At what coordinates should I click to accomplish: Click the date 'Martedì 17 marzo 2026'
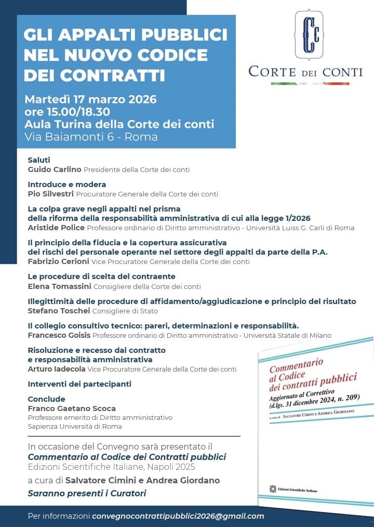coord(90,99)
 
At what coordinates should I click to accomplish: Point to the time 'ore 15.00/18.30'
coord(67,112)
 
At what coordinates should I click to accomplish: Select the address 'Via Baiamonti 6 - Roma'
coord(91,137)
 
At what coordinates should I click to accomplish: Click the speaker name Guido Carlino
coord(54,169)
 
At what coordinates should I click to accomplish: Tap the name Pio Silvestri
coord(50,194)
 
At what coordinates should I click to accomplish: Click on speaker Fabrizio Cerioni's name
coord(59,261)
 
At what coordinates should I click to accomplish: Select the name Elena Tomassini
coord(59,286)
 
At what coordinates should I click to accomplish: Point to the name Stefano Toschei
coord(59,311)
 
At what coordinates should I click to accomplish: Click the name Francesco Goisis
coord(60,335)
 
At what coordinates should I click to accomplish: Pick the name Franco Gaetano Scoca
coord(72,409)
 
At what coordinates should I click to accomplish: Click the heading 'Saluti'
coord(39,160)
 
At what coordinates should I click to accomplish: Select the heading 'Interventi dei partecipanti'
coord(79,384)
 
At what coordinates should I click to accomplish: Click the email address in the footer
coord(178,516)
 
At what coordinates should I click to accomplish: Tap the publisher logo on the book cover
coord(273,489)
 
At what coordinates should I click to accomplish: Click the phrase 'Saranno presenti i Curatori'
coord(87,493)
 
